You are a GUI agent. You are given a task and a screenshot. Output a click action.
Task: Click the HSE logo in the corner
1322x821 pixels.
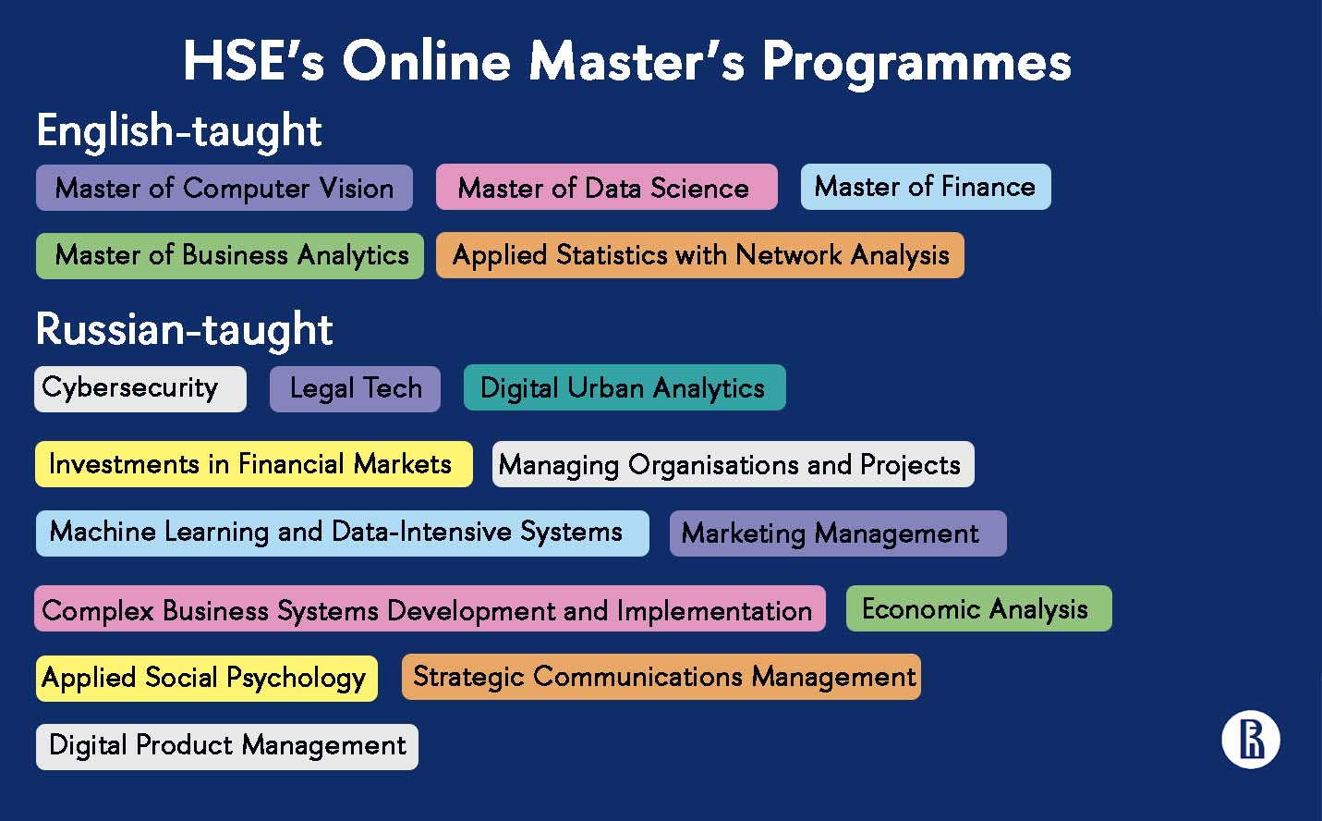[x=1251, y=740]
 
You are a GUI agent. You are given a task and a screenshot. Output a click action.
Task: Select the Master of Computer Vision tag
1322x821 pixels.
[x=224, y=188]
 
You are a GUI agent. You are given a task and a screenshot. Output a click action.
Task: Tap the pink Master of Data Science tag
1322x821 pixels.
[x=607, y=187]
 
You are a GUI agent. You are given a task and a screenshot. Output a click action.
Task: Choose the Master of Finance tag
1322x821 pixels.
[x=926, y=187]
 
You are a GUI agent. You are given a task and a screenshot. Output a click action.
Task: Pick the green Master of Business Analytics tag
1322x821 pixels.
[x=230, y=256]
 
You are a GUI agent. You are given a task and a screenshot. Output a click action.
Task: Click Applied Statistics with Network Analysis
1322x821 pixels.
[x=700, y=255]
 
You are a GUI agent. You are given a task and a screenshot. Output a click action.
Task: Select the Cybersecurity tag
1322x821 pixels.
[x=140, y=388]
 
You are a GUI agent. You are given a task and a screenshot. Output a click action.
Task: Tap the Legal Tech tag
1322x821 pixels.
[x=356, y=388]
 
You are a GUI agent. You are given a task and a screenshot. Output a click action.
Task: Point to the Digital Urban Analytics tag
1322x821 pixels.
[x=625, y=387]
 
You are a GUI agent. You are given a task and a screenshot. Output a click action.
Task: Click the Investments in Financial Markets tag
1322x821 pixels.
[x=254, y=464]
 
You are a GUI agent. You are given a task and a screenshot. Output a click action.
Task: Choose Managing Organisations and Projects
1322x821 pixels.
[x=733, y=464]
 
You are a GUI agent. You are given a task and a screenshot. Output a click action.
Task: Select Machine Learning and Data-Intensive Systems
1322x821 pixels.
[x=343, y=533]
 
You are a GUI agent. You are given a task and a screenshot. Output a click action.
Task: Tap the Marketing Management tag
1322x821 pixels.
[x=838, y=533]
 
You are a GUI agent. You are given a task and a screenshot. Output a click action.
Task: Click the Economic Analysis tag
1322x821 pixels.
[x=979, y=608]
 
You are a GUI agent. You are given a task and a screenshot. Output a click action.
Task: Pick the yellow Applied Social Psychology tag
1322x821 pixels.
[x=207, y=679]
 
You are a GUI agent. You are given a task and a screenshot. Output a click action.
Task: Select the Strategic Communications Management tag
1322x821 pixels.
[x=661, y=677]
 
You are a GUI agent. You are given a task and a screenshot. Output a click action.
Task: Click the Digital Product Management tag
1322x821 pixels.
[x=227, y=747]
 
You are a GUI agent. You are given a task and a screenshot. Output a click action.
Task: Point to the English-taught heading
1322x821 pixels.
[x=179, y=131]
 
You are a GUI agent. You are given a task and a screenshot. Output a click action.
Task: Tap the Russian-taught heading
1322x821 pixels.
[x=184, y=329]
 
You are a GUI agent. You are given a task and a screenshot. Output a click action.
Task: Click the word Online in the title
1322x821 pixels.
[x=426, y=61]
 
